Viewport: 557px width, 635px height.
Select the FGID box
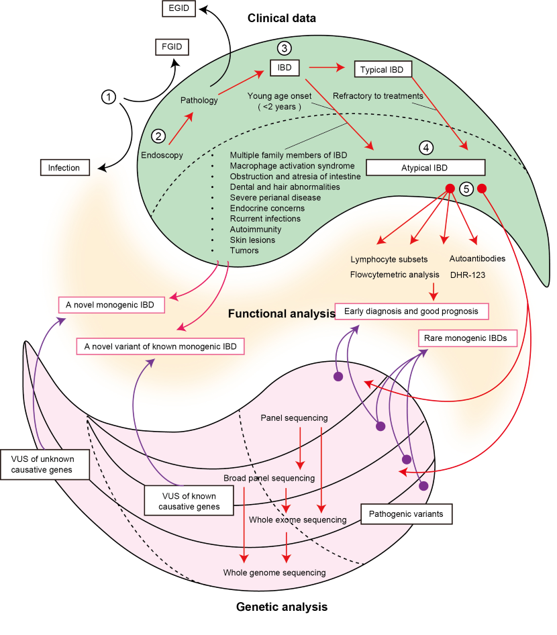pos(170,47)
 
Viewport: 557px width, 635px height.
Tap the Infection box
pos(64,168)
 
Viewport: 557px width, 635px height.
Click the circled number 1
pos(109,97)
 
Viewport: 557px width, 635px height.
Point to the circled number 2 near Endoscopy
pos(159,136)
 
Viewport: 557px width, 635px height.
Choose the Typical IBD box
pos(383,69)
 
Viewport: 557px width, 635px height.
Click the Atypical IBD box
pos(425,167)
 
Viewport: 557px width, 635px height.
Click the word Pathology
pos(199,101)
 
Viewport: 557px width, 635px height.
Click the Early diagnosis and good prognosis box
pos(411,311)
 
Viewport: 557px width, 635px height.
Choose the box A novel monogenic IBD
pos(110,305)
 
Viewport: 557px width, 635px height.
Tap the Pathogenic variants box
pos(407,515)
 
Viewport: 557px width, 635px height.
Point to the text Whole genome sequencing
pos(274,573)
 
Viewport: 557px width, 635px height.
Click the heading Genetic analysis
pos(282,607)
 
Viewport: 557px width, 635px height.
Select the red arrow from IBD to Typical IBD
pos(326,68)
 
